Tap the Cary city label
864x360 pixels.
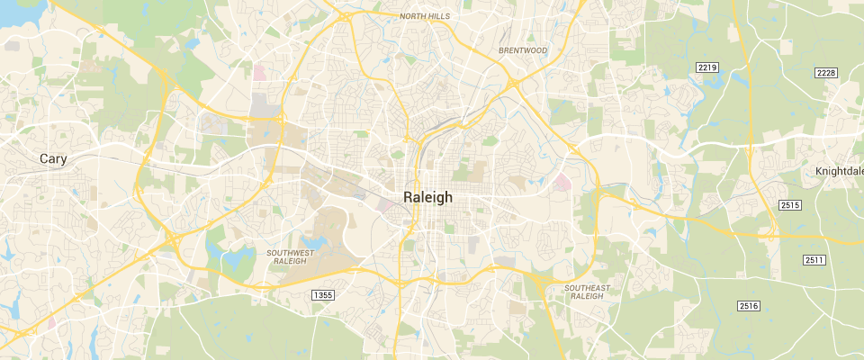(x=54, y=158)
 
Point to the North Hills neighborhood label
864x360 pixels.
(x=425, y=15)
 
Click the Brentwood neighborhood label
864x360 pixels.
(x=523, y=51)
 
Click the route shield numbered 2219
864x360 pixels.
(x=706, y=68)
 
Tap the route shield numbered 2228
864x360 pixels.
(x=825, y=73)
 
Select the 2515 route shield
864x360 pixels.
(x=790, y=205)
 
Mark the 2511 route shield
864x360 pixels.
(x=814, y=260)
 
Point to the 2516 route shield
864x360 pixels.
(x=749, y=307)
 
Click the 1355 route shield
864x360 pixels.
(x=322, y=295)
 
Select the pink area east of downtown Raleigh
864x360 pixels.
(x=563, y=184)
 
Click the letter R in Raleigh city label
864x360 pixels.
(x=409, y=198)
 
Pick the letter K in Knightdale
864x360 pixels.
(x=819, y=171)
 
